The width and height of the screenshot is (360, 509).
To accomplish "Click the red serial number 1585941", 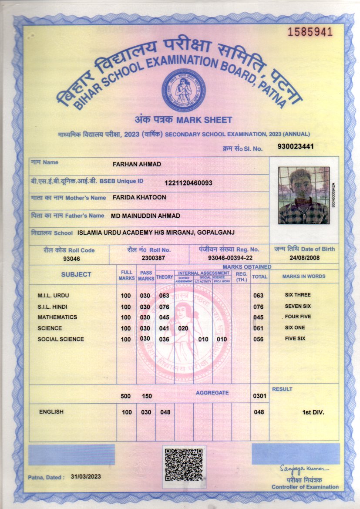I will [310, 32].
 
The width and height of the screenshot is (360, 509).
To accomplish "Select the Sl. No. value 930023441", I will [295, 147].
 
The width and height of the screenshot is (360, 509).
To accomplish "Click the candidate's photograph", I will [303, 196].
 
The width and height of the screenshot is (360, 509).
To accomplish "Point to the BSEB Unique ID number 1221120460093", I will [188, 183].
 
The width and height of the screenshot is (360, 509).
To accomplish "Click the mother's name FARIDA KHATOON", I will [139, 197].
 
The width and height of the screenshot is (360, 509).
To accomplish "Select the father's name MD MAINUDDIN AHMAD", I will [145, 216].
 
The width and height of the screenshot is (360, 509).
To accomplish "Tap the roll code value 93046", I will [69, 258].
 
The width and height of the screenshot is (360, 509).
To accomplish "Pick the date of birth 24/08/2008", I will [305, 257].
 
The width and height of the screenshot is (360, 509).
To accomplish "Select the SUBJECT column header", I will [76, 274].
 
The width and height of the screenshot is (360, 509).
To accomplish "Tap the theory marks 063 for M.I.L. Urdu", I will [164, 296].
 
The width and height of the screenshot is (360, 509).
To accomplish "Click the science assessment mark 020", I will [183, 328].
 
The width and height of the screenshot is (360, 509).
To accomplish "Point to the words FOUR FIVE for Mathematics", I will [298, 317].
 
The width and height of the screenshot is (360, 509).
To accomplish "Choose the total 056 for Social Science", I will [259, 339].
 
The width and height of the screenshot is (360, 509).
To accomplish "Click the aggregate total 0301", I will [259, 396].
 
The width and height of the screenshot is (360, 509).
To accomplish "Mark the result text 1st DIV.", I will [313, 411].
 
